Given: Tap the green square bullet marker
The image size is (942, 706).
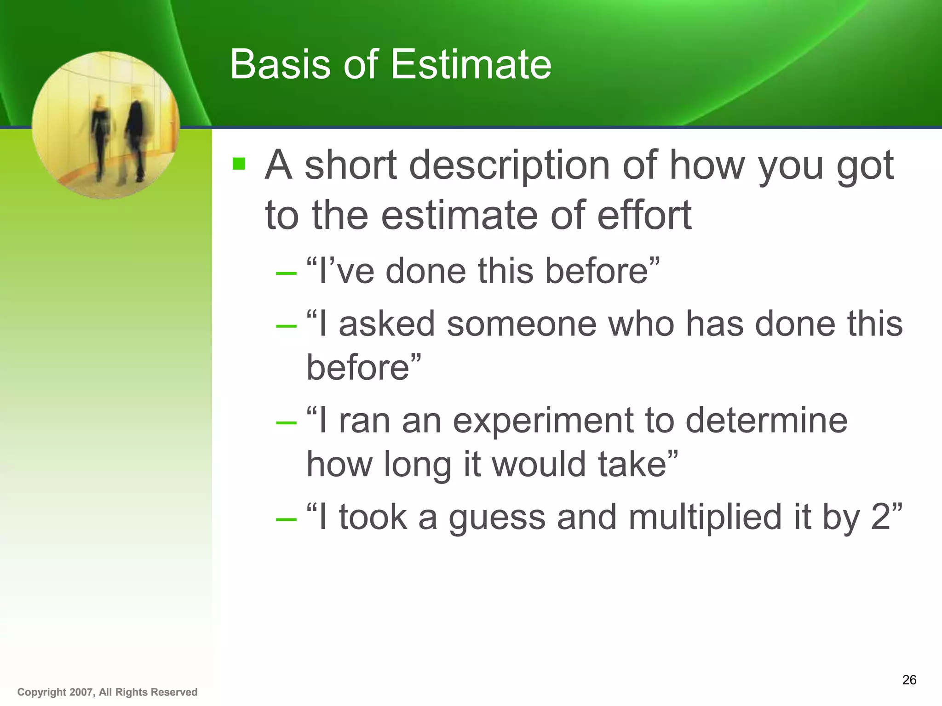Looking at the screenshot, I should coord(239,164).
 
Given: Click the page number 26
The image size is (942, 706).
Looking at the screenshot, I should coord(909,680).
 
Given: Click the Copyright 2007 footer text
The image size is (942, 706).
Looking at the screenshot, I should coord(107,692).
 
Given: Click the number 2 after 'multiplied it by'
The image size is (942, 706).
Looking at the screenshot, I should coord(881,517).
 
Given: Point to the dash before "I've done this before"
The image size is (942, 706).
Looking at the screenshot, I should coord(286,273).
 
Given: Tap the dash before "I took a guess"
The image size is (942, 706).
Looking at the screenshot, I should coord(286,519).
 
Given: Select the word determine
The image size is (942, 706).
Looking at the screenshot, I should coord(766,420).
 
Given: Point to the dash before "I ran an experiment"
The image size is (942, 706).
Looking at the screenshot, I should coord(286,422).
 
